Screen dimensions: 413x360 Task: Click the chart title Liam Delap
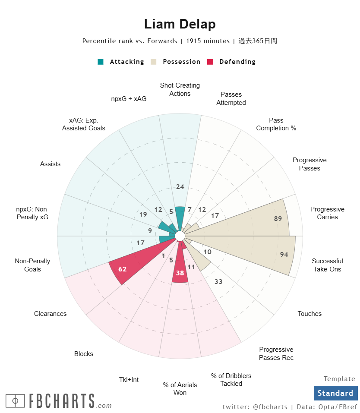[180, 24]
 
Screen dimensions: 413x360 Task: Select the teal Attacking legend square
[101, 62]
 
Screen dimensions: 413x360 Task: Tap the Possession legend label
[181, 62]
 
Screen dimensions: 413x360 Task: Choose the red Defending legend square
[210, 62]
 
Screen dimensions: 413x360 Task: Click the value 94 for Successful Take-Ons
[284, 255]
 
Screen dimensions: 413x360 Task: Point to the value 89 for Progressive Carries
[278, 219]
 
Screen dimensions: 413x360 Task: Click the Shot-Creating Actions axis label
[180, 89]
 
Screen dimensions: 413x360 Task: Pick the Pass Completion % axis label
[276, 124]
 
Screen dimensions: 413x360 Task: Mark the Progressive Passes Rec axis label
[276, 353]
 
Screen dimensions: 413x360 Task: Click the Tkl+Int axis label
[129, 380]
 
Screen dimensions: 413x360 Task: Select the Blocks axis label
[83, 354]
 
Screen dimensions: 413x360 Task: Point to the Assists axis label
[50, 164]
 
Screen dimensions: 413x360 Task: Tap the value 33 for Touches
[218, 282]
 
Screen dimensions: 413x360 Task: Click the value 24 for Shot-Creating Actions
[180, 187]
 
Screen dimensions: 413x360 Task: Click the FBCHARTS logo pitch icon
[15, 401]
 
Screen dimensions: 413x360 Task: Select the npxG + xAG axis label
[129, 98]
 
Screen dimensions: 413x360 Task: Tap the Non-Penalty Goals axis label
[32, 265]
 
